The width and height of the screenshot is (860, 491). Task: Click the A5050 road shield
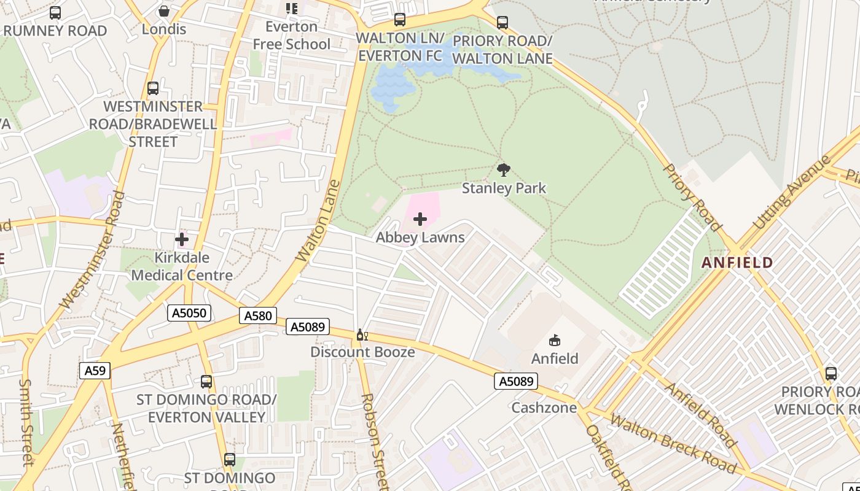point(189,313)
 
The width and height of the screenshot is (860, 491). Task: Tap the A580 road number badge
point(257,315)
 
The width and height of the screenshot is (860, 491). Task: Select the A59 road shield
point(95,370)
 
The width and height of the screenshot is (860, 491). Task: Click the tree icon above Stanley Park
point(504,170)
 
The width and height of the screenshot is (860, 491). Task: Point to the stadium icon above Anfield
point(555,340)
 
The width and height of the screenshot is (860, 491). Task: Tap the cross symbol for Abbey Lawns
point(420,219)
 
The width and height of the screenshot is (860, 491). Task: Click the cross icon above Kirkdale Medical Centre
point(182,239)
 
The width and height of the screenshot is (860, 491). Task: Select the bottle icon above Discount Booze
point(362,334)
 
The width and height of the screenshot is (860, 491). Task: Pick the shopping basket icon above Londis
point(164,11)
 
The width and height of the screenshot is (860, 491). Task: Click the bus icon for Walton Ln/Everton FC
point(400,20)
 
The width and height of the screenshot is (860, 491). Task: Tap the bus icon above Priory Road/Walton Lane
point(502,23)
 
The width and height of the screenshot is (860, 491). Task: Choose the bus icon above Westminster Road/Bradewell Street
point(153,88)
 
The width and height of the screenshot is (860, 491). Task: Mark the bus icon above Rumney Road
point(55,12)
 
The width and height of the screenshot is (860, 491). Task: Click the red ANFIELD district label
point(737,263)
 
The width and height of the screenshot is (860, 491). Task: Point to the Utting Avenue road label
point(792,192)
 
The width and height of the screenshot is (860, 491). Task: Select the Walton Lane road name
point(318,221)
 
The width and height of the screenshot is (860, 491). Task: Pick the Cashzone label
point(544,408)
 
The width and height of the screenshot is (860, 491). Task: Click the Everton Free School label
point(292,36)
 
